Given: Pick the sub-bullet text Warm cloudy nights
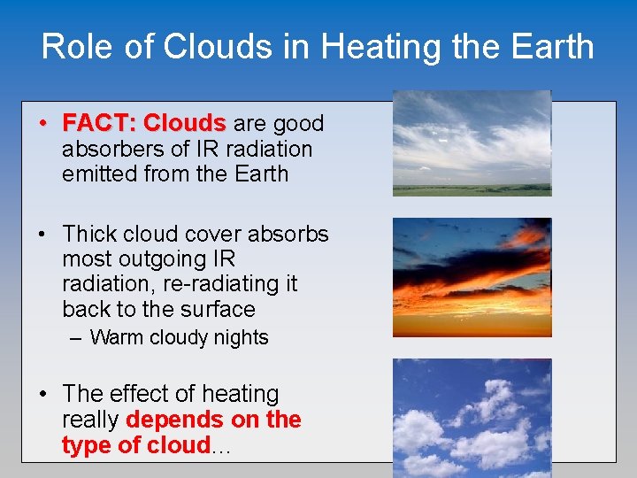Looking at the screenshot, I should (179, 337).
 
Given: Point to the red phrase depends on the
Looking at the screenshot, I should (214, 420).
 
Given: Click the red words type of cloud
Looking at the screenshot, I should (135, 445).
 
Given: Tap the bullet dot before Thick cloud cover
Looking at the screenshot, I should (42, 235).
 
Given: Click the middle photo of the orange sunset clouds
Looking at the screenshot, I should (472, 276).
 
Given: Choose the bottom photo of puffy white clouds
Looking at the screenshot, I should (472, 416).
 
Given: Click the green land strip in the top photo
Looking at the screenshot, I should (472, 189).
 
